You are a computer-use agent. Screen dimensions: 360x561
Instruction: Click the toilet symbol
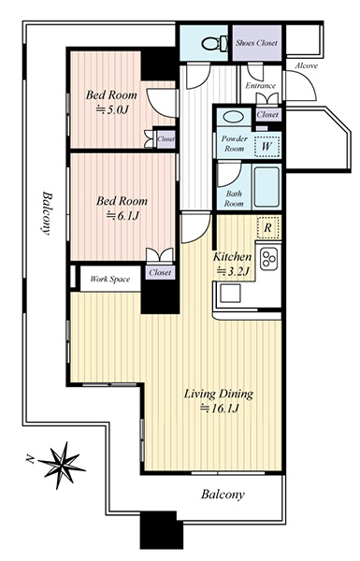click(215, 44)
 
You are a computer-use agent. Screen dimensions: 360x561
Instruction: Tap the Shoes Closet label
click(256, 43)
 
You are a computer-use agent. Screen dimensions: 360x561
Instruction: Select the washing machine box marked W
click(266, 147)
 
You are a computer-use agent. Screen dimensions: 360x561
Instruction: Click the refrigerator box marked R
click(267, 228)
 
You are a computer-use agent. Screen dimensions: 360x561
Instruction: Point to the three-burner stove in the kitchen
click(269, 258)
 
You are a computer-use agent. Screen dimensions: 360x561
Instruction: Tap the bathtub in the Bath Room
click(266, 186)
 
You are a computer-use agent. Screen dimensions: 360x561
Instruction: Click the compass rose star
click(62, 465)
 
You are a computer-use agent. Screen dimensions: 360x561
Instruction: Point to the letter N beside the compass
click(29, 458)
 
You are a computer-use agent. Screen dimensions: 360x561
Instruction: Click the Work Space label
click(109, 279)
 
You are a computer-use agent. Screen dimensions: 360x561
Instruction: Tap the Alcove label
click(307, 65)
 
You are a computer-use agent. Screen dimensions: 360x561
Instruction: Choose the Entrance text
click(261, 86)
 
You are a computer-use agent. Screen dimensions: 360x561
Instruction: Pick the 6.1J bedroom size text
click(122, 216)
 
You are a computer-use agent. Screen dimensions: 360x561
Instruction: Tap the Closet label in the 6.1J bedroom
click(160, 273)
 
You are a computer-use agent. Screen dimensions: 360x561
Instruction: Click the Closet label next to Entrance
click(267, 114)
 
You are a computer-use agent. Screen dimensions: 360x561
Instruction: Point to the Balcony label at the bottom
click(223, 495)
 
